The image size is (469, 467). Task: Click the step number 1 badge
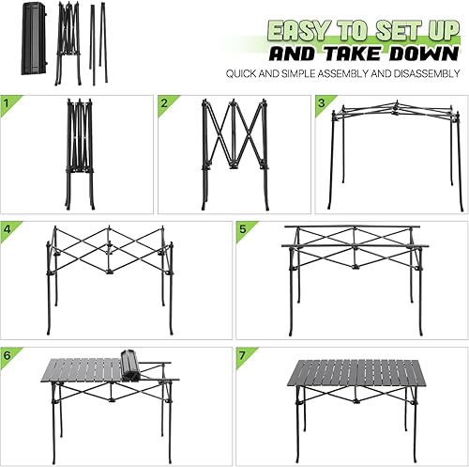(8, 102)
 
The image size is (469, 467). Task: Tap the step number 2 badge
(164, 102)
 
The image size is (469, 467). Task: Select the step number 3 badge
(321, 102)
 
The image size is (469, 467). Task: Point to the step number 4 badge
(8, 228)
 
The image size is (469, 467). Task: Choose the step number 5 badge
(243, 228)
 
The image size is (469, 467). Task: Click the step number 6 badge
(8, 355)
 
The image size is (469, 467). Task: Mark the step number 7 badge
(243, 355)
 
